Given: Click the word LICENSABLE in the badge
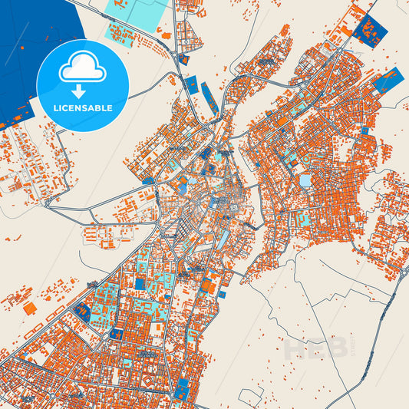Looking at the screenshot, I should click(82, 108).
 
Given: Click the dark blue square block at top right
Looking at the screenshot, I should click(372, 31).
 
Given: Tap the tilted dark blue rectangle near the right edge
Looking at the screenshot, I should click(388, 79).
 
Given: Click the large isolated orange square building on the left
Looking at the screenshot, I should click(30, 308).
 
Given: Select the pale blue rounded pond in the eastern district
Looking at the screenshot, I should click(305, 181).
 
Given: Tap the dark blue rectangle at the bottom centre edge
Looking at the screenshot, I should click(182, 389).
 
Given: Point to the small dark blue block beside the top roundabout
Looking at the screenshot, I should click(183, 58).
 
